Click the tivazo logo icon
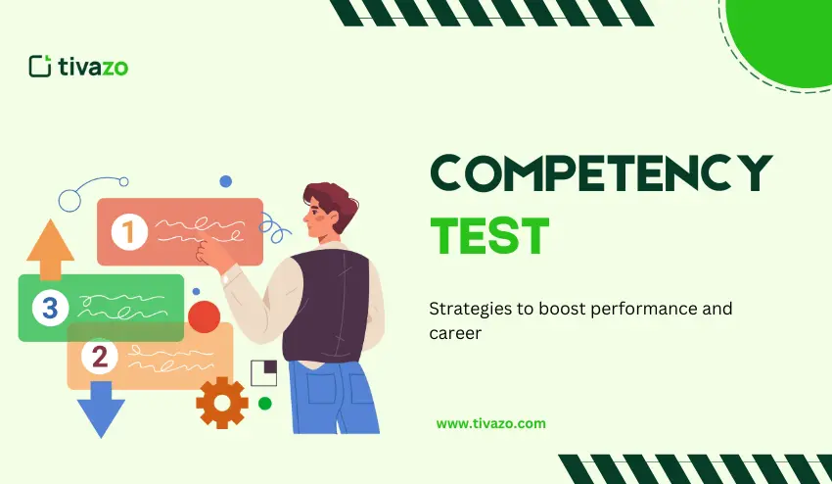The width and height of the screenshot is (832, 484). (x=40, y=66)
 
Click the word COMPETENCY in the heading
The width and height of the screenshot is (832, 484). (x=601, y=174)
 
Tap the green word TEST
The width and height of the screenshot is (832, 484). (x=489, y=236)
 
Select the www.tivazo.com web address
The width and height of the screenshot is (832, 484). (x=490, y=423)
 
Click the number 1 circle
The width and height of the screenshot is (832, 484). (x=128, y=232)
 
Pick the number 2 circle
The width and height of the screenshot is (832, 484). (x=99, y=357)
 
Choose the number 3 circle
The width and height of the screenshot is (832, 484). (x=50, y=309)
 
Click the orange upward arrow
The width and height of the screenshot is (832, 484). (x=51, y=250)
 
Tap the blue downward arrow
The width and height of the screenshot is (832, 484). (x=101, y=410)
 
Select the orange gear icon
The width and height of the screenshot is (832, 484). (x=221, y=402)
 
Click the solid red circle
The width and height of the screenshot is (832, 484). (x=204, y=316)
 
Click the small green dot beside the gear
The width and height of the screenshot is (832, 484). (x=264, y=403)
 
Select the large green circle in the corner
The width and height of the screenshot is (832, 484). (x=783, y=39)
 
